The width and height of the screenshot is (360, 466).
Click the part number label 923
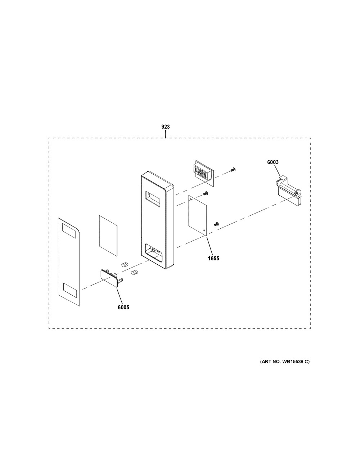pyautogui.click(x=166, y=127)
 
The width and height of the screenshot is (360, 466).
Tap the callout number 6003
pyautogui.click(x=273, y=162)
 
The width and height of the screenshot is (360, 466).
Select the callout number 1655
pyautogui.click(x=213, y=259)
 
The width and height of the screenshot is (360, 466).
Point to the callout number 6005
pyautogui.click(x=123, y=307)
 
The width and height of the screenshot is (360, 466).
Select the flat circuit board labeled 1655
pyautogui.click(x=197, y=215)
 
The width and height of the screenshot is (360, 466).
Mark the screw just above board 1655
pyautogui.click(x=206, y=193)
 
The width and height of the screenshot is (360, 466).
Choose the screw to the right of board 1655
pyautogui.click(x=216, y=224)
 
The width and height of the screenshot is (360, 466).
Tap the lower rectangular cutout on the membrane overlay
pyautogui.click(x=70, y=290)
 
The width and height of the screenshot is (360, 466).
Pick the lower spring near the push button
pyautogui.click(x=134, y=273)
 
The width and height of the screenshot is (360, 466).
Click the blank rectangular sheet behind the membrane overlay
pyautogui.click(x=108, y=236)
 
